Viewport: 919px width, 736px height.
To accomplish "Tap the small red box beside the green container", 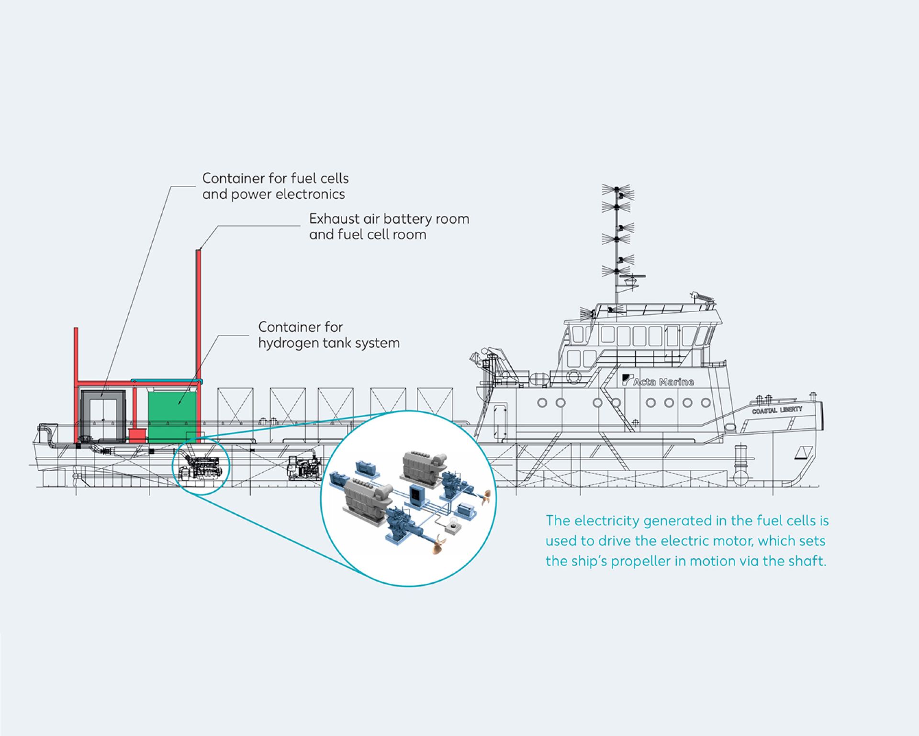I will pos(137,435).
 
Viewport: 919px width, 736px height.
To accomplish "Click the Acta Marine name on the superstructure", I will pos(663,382).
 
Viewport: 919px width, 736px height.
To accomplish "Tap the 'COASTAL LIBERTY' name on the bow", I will pos(776,410).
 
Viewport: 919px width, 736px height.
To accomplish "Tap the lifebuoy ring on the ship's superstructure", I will pos(573,376).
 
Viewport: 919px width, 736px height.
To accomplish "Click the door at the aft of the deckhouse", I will pos(500,420).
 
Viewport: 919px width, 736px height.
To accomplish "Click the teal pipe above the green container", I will pos(167,382).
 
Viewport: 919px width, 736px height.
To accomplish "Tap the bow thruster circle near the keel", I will pos(740,477).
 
